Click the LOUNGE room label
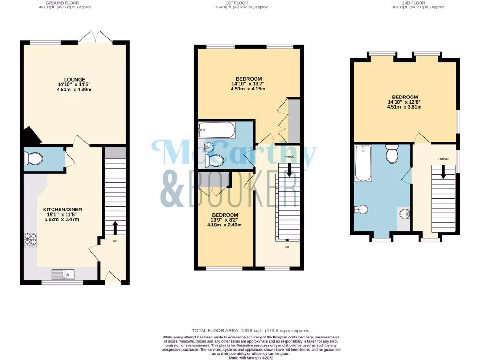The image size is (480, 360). (x=75, y=80)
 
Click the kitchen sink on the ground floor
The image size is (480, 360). (x=62, y=274)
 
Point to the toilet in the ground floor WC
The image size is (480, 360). (x=33, y=159)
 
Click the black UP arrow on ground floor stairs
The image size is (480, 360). (x=115, y=228)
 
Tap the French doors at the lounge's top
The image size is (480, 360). (x=96, y=38)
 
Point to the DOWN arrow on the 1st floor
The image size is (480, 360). (x=289, y=169)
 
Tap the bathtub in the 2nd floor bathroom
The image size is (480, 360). (x=364, y=164)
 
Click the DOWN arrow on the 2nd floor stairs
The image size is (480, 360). (x=442, y=172)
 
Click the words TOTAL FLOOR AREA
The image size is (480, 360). (x=216, y=330)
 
